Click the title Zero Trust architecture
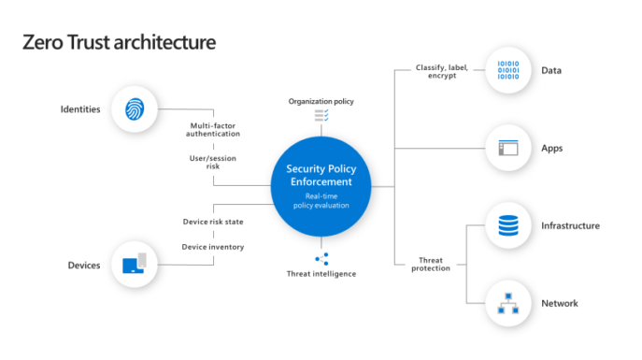(x=119, y=42)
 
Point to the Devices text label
(x=83, y=266)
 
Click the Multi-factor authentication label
(x=214, y=129)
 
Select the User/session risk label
(x=214, y=163)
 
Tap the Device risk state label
(x=213, y=222)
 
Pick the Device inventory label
(x=213, y=247)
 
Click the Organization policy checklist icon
(x=321, y=115)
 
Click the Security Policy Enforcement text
(x=321, y=175)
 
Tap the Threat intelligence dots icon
(x=321, y=259)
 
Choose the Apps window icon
(x=507, y=148)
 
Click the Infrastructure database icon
(x=507, y=226)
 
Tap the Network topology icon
(x=507, y=303)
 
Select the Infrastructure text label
(x=570, y=226)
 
